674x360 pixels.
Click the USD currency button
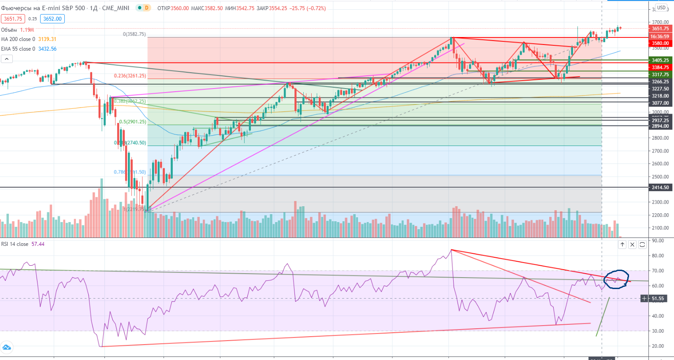661,7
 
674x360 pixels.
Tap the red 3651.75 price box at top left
13,19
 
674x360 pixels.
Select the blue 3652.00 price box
52,19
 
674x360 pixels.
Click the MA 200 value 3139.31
47,39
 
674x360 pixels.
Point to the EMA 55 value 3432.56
47,49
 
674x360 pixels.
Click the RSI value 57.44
38,244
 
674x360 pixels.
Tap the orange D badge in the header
146,8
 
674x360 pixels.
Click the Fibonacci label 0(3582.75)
134,34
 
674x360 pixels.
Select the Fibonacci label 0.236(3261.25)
130,76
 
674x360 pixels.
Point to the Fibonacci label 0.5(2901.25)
133,122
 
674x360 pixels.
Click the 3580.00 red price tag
660,43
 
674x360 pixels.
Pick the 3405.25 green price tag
660,60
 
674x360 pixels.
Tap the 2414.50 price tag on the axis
660,187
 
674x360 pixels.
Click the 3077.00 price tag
660,103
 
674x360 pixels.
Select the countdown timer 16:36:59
660,37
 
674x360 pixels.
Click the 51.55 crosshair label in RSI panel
657,298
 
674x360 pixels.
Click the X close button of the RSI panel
632,244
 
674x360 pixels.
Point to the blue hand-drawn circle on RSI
616,279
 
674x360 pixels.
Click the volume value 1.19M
27,30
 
